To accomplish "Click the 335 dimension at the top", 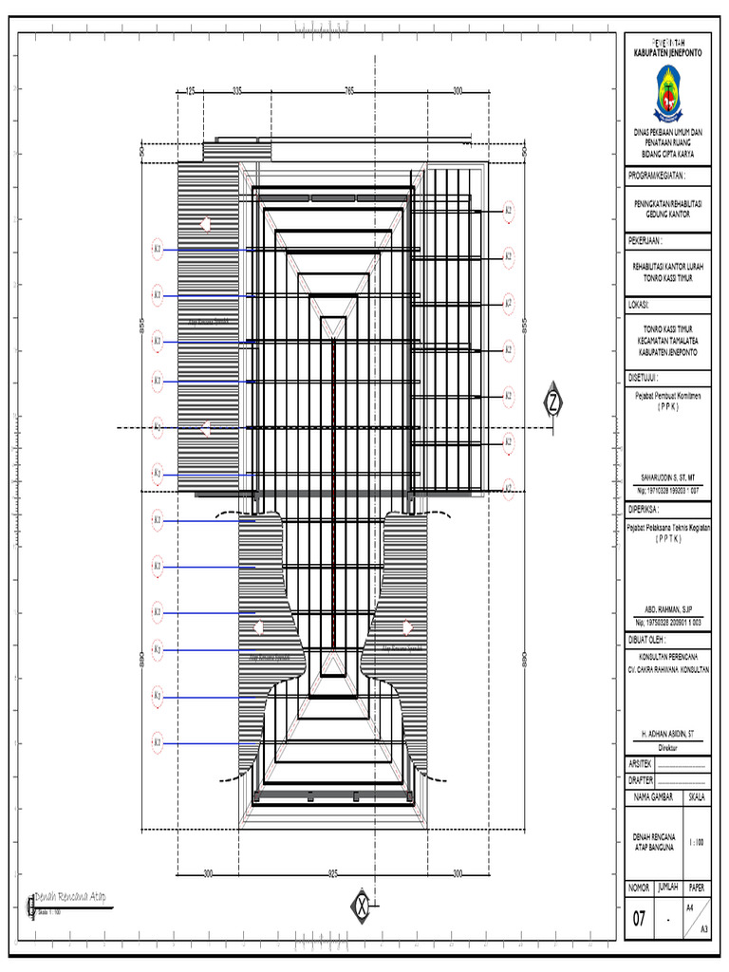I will coord(237,91).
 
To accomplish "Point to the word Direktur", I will coord(667,747).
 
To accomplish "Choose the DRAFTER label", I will coord(642,779).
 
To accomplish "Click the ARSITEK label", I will coord(641,763).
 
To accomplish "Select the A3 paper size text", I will coord(703,930).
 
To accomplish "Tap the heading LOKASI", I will coord(643,305).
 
